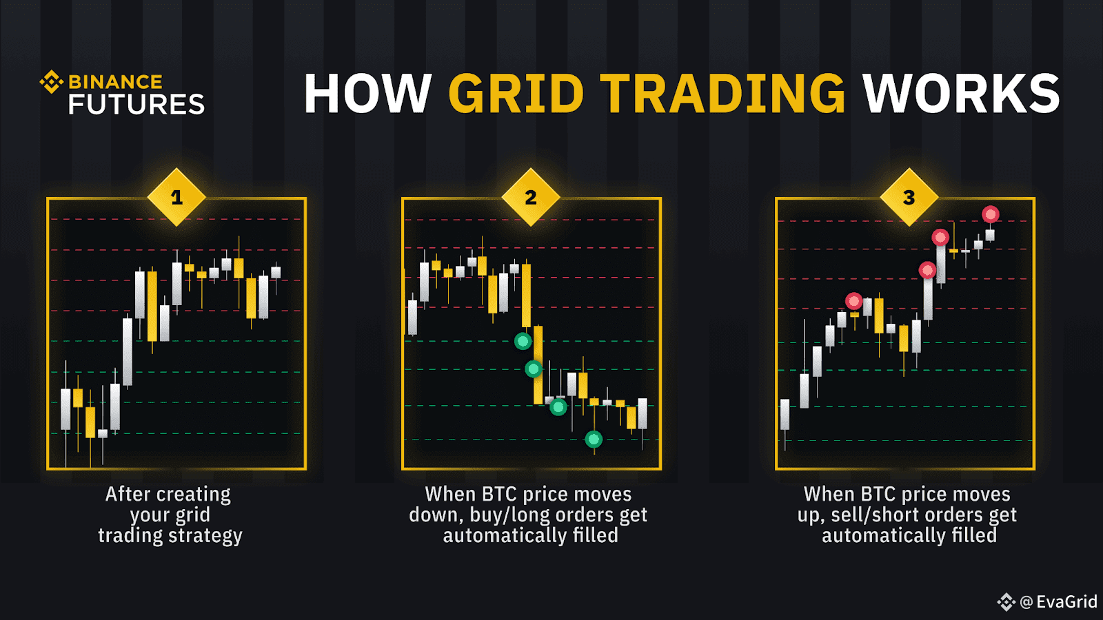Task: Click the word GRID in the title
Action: pos(516,93)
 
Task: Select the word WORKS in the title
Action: pos(961,93)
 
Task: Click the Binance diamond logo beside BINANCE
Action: pos(51,82)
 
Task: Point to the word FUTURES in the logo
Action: pos(136,104)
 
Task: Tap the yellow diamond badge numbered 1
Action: pos(176,197)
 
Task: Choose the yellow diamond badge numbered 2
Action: pos(531,197)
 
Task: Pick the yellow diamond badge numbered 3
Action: pos(909,197)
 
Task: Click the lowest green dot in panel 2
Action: pos(594,439)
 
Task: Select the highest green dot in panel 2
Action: pos(523,340)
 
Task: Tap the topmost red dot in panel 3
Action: pos(991,214)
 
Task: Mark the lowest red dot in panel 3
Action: pos(854,300)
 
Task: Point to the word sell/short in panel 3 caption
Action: pos(876,515)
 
